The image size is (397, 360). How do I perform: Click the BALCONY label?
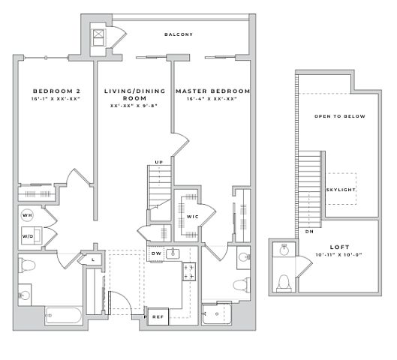tap(179, 34)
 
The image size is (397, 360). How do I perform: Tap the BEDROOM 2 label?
tap(57, 91)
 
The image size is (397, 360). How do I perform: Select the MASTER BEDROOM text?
tap(212, 91)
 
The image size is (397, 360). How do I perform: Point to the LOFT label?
tap(339, 247)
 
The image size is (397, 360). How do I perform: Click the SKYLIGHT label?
tap(341, 190)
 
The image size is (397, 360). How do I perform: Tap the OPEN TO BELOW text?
tap(340, 116)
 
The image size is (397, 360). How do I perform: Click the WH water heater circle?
tap(27, 215)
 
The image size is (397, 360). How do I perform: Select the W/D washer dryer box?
tap(32, 235)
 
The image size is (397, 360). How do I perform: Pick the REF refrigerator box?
tap(158, 316)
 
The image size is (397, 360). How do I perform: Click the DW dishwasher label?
tap(156, 253)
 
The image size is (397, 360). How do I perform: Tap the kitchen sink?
tap(173, 253)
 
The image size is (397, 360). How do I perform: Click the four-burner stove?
tap(189, 271)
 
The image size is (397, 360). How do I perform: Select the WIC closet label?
tap(193, 217)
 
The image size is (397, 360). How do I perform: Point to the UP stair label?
tap(159, 162)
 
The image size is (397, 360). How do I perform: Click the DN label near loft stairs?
tap(309, 232)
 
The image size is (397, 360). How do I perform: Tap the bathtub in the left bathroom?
tap(64, 315)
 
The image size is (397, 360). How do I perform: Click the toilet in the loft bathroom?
tap(284, 283)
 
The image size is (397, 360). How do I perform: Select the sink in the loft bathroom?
tap(284, 250)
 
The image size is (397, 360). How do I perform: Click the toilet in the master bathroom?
tap(242, 284)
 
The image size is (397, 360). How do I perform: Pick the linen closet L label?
tap(93, 259)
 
